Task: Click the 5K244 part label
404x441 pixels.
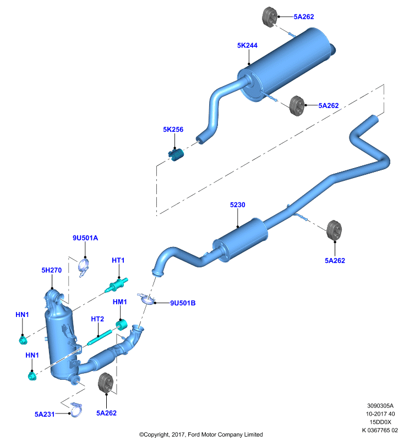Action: [x=247, y=46]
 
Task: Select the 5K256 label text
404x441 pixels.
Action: [x=173, y=130]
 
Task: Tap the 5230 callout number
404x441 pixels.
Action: [x=238, y=205]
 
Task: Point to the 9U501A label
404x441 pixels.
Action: [x=85, y=238]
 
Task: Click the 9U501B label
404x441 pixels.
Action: [x=183, y=303]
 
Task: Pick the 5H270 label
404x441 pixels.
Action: [x=52, y=270]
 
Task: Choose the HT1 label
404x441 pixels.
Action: [x=118, y=260]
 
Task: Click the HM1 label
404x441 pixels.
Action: [x=120, y=302]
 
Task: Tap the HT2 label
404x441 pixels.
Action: [x=97, y=319]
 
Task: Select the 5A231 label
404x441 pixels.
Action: [x=45, y=415]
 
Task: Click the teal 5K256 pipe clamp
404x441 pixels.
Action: [x=176, y=154]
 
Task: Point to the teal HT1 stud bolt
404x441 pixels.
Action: [x=116, y=285]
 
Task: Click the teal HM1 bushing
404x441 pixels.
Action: [x=122, y=325]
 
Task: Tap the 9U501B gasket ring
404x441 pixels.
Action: [x=147, y=299]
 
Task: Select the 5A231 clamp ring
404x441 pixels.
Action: [x=76, y=410]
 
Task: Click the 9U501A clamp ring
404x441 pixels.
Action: [x=84, y=266]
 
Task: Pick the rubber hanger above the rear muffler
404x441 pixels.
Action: [x=270, y=17]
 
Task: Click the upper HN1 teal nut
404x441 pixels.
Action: [x=23, y=340]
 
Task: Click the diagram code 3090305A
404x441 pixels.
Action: [x=380, y=406]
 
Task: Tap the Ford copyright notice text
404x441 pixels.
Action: [x=201, y=434]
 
